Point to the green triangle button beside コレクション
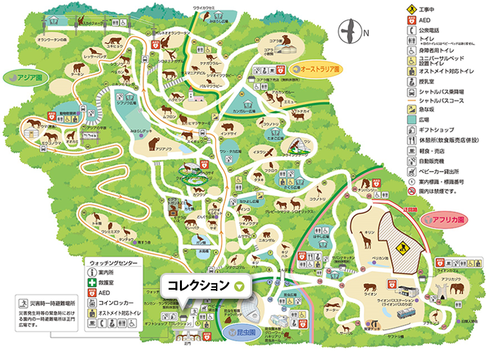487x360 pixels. [x=241, y=285]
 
